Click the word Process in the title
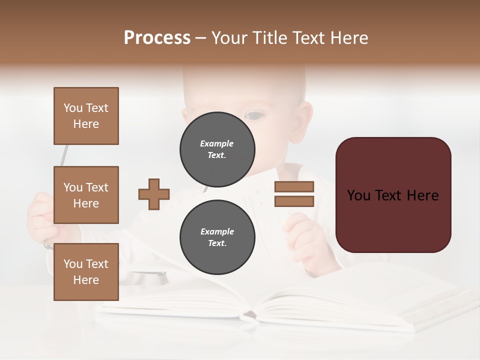click(157, 38)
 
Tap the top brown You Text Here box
click(86, 116)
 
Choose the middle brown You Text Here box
click(86, 195)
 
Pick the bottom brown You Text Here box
click(86, 271)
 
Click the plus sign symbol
click(154, 193)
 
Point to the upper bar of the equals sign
click(294, 186)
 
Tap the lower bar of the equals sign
click(294, 201)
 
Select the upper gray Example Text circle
click(217, 149)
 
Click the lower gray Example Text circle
click(217, 237)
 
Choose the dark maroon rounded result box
click(393, 195)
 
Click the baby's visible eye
click(255, 116)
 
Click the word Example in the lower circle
click(217, 231)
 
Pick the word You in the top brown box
click(72, 108)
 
